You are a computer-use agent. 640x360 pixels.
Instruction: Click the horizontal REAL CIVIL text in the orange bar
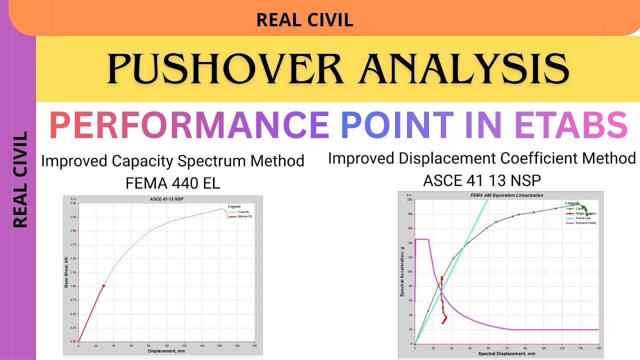[x=304, y=20]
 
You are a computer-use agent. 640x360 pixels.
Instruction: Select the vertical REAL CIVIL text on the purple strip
[x=20, y=179]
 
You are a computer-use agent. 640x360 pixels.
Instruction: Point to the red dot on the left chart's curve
[x=103, y=285]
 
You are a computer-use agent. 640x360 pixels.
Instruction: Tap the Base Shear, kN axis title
[x=65, y=272]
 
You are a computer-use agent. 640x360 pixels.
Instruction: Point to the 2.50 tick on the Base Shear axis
[x=73, y=203]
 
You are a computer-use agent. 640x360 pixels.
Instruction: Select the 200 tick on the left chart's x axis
[x=254, y=346]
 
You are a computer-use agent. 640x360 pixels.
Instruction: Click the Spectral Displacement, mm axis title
[x=506, y=353]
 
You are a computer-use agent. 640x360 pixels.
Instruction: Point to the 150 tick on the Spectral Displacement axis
[x=598, y=348]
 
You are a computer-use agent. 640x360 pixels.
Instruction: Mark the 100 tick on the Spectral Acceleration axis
[x=409, y=272]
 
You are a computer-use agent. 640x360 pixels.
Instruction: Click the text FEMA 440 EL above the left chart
[x=172, y=183]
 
